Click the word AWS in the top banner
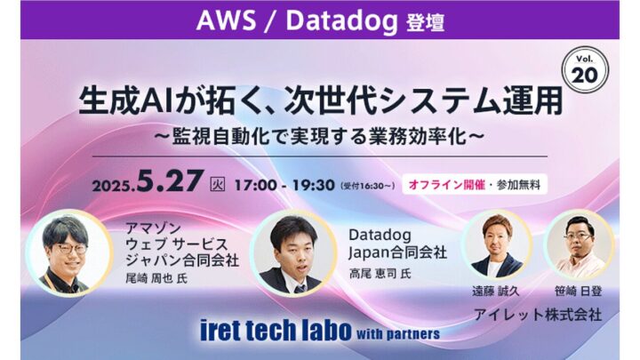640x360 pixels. tap(226, 20)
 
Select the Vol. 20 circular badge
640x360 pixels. tap(585, 68)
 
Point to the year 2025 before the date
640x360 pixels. tap(114, 186)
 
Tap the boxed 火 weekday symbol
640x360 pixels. tap(217, 184)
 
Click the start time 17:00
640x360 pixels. tap(255, 185)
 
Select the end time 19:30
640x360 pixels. tap(314, 185)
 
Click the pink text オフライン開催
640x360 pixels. tap(446, 185)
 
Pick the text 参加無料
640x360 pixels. tap(518, 185)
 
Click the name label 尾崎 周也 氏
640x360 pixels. tap(156, 278)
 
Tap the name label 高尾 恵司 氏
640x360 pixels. tap(380, 273)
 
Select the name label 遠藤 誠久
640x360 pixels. tap(495, 291)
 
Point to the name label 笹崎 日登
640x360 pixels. tap(578, 291)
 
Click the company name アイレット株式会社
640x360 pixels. tap(538, 315)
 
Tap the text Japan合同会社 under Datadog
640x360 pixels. tap(397, 252)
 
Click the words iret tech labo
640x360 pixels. tap(276, 330)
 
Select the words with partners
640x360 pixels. tap(398, 334)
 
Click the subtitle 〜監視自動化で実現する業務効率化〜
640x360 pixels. tap(319, 137)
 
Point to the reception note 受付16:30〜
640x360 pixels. tap(368, 186)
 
